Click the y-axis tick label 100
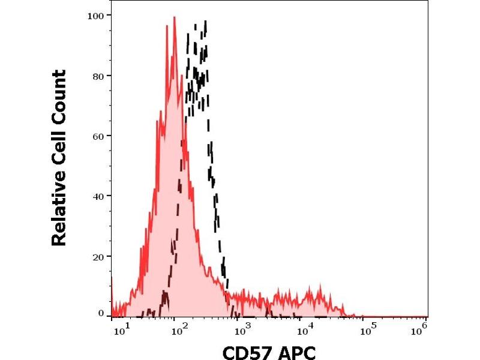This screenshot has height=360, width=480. tap(95, 15)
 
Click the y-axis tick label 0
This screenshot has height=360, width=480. tap(100, 313)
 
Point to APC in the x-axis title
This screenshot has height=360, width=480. tap(295, 350)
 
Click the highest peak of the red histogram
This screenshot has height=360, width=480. tap(174, 17)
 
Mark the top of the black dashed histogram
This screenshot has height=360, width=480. tap(205, 22)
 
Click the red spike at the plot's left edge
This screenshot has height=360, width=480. tap(112, 278)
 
